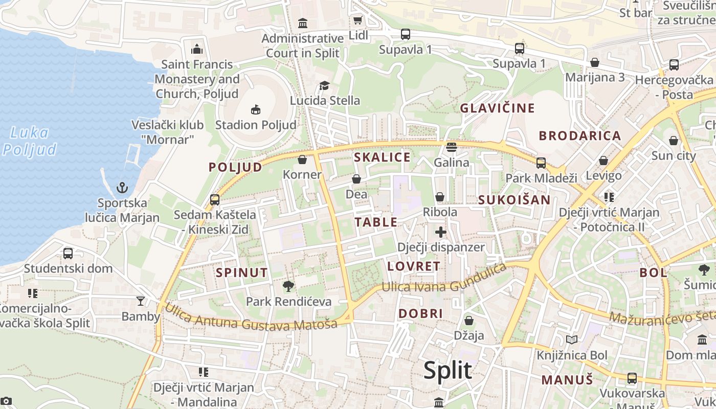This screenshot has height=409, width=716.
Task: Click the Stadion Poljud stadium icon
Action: pyautogui.click(x=255, y=109)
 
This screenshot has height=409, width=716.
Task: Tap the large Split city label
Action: pyautogui.click(x=447, y=370)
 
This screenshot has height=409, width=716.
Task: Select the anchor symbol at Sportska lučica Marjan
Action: pyautogui.click(x=122, y=188)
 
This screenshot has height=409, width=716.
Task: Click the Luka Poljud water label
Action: pyautogui.click(x=30, y=141)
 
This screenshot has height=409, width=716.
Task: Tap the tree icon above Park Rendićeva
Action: pyautogui.click(x=288, y=286)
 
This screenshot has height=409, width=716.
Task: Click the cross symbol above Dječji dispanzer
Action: pyautogui.click(x=440, y=232)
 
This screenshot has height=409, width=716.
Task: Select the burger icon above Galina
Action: pyautogui.click(x=451, y=147)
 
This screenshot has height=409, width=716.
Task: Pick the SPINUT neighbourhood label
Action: pyautogui.click(x=242, y=272)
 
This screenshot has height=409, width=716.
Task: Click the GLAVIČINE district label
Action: pyautogui.click(x=497, y=108)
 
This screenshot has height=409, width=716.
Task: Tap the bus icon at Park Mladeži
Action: pyautogui.click(x=541, y=163)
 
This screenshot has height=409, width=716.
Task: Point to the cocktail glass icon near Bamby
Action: pyautogui.click(x=141, y=301)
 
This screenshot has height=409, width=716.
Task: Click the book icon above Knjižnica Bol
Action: pyautogui.click(x=572, y=340)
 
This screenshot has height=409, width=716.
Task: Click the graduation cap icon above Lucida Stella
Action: pyautogui.click(x=324, y=85)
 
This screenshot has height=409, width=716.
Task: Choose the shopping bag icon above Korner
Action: pyautogui.click(x=302, y=160)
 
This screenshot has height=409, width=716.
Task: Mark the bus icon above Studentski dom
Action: pyautogui.click(x=68, y=253)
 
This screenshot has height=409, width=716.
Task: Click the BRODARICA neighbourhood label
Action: pyautogui.click(x=580, y=135)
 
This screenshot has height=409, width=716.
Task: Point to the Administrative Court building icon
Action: pyautogui.click(x=303, y=23)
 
